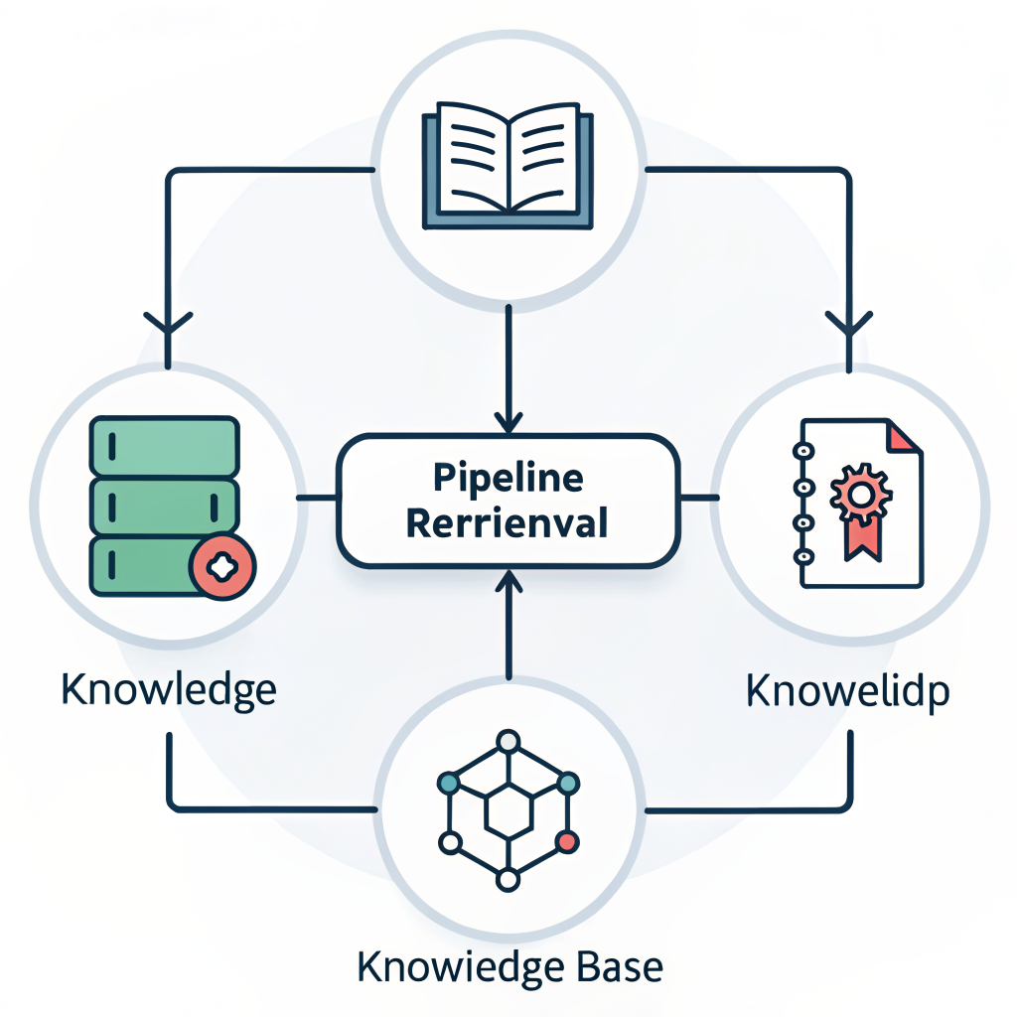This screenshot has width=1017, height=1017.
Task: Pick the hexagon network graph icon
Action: (508, 809)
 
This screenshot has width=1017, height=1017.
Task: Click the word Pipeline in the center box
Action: (508, 478)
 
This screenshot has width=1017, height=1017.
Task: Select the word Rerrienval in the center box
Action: (508, 522)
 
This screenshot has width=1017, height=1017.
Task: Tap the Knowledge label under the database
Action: (169, 688)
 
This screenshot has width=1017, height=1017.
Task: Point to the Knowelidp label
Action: (847, 690)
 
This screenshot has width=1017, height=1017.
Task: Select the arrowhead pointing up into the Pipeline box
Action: (508, 580)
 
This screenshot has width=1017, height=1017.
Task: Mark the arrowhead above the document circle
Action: (848, 324)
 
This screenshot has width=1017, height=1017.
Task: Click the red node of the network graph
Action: (567, 842)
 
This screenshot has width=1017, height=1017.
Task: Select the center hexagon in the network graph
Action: (508, 811)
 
